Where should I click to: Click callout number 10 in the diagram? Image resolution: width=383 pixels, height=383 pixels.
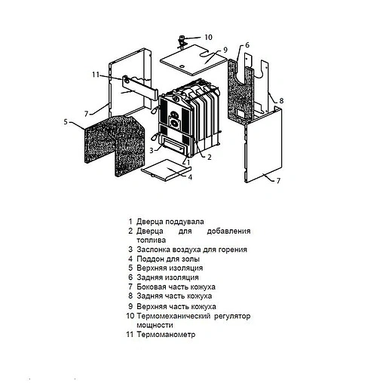tap(208, 36)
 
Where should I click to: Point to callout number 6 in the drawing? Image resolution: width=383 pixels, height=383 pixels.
tap(247, 45)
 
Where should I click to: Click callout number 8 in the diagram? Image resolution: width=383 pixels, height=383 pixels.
tap(280, 100)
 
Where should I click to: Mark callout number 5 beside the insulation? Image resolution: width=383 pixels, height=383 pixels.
tap(66, 121)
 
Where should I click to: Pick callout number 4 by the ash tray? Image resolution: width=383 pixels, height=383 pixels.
tap(190, 178)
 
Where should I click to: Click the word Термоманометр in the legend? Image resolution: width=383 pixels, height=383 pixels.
tap(165, 334)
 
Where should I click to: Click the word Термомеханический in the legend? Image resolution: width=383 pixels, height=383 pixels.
tap(172, 316)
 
